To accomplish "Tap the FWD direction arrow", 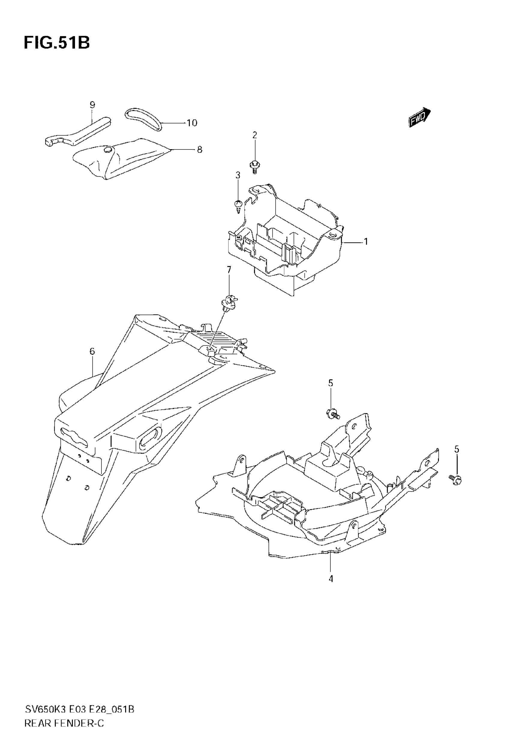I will [x=419, y=117].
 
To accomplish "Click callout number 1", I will [x=366, y=242].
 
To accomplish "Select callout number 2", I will [x=255, y=135].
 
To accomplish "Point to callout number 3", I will [x=238, y=175].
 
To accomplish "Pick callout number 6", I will [x=92, y=351].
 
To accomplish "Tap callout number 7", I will [x=229, y=270].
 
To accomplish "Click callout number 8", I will [x=199, y=149].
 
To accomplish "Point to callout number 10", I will [x=192, y=123].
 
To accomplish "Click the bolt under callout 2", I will [x=254, y=166].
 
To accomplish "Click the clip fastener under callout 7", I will [x=229, y=302].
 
